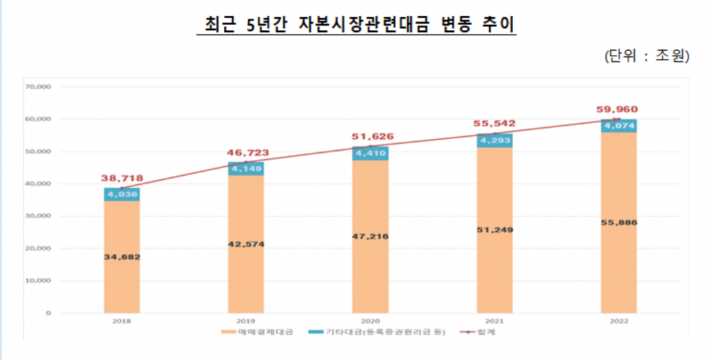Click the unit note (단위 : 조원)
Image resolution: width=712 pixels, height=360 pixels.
point(647,56)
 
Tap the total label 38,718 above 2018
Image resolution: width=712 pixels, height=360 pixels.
point(122,179)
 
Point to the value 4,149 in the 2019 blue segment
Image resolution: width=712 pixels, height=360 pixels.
point(246,168)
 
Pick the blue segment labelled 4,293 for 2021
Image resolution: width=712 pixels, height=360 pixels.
point(494,140)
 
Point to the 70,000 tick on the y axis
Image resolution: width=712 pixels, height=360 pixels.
point(39,87)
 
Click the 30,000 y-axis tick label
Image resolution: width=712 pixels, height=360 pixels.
point(39,216)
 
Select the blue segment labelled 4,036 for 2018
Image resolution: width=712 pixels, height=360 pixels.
point(122,195)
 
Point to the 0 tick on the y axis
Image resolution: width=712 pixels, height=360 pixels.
point(48,313)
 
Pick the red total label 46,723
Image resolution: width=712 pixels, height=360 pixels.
point(246,152)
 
